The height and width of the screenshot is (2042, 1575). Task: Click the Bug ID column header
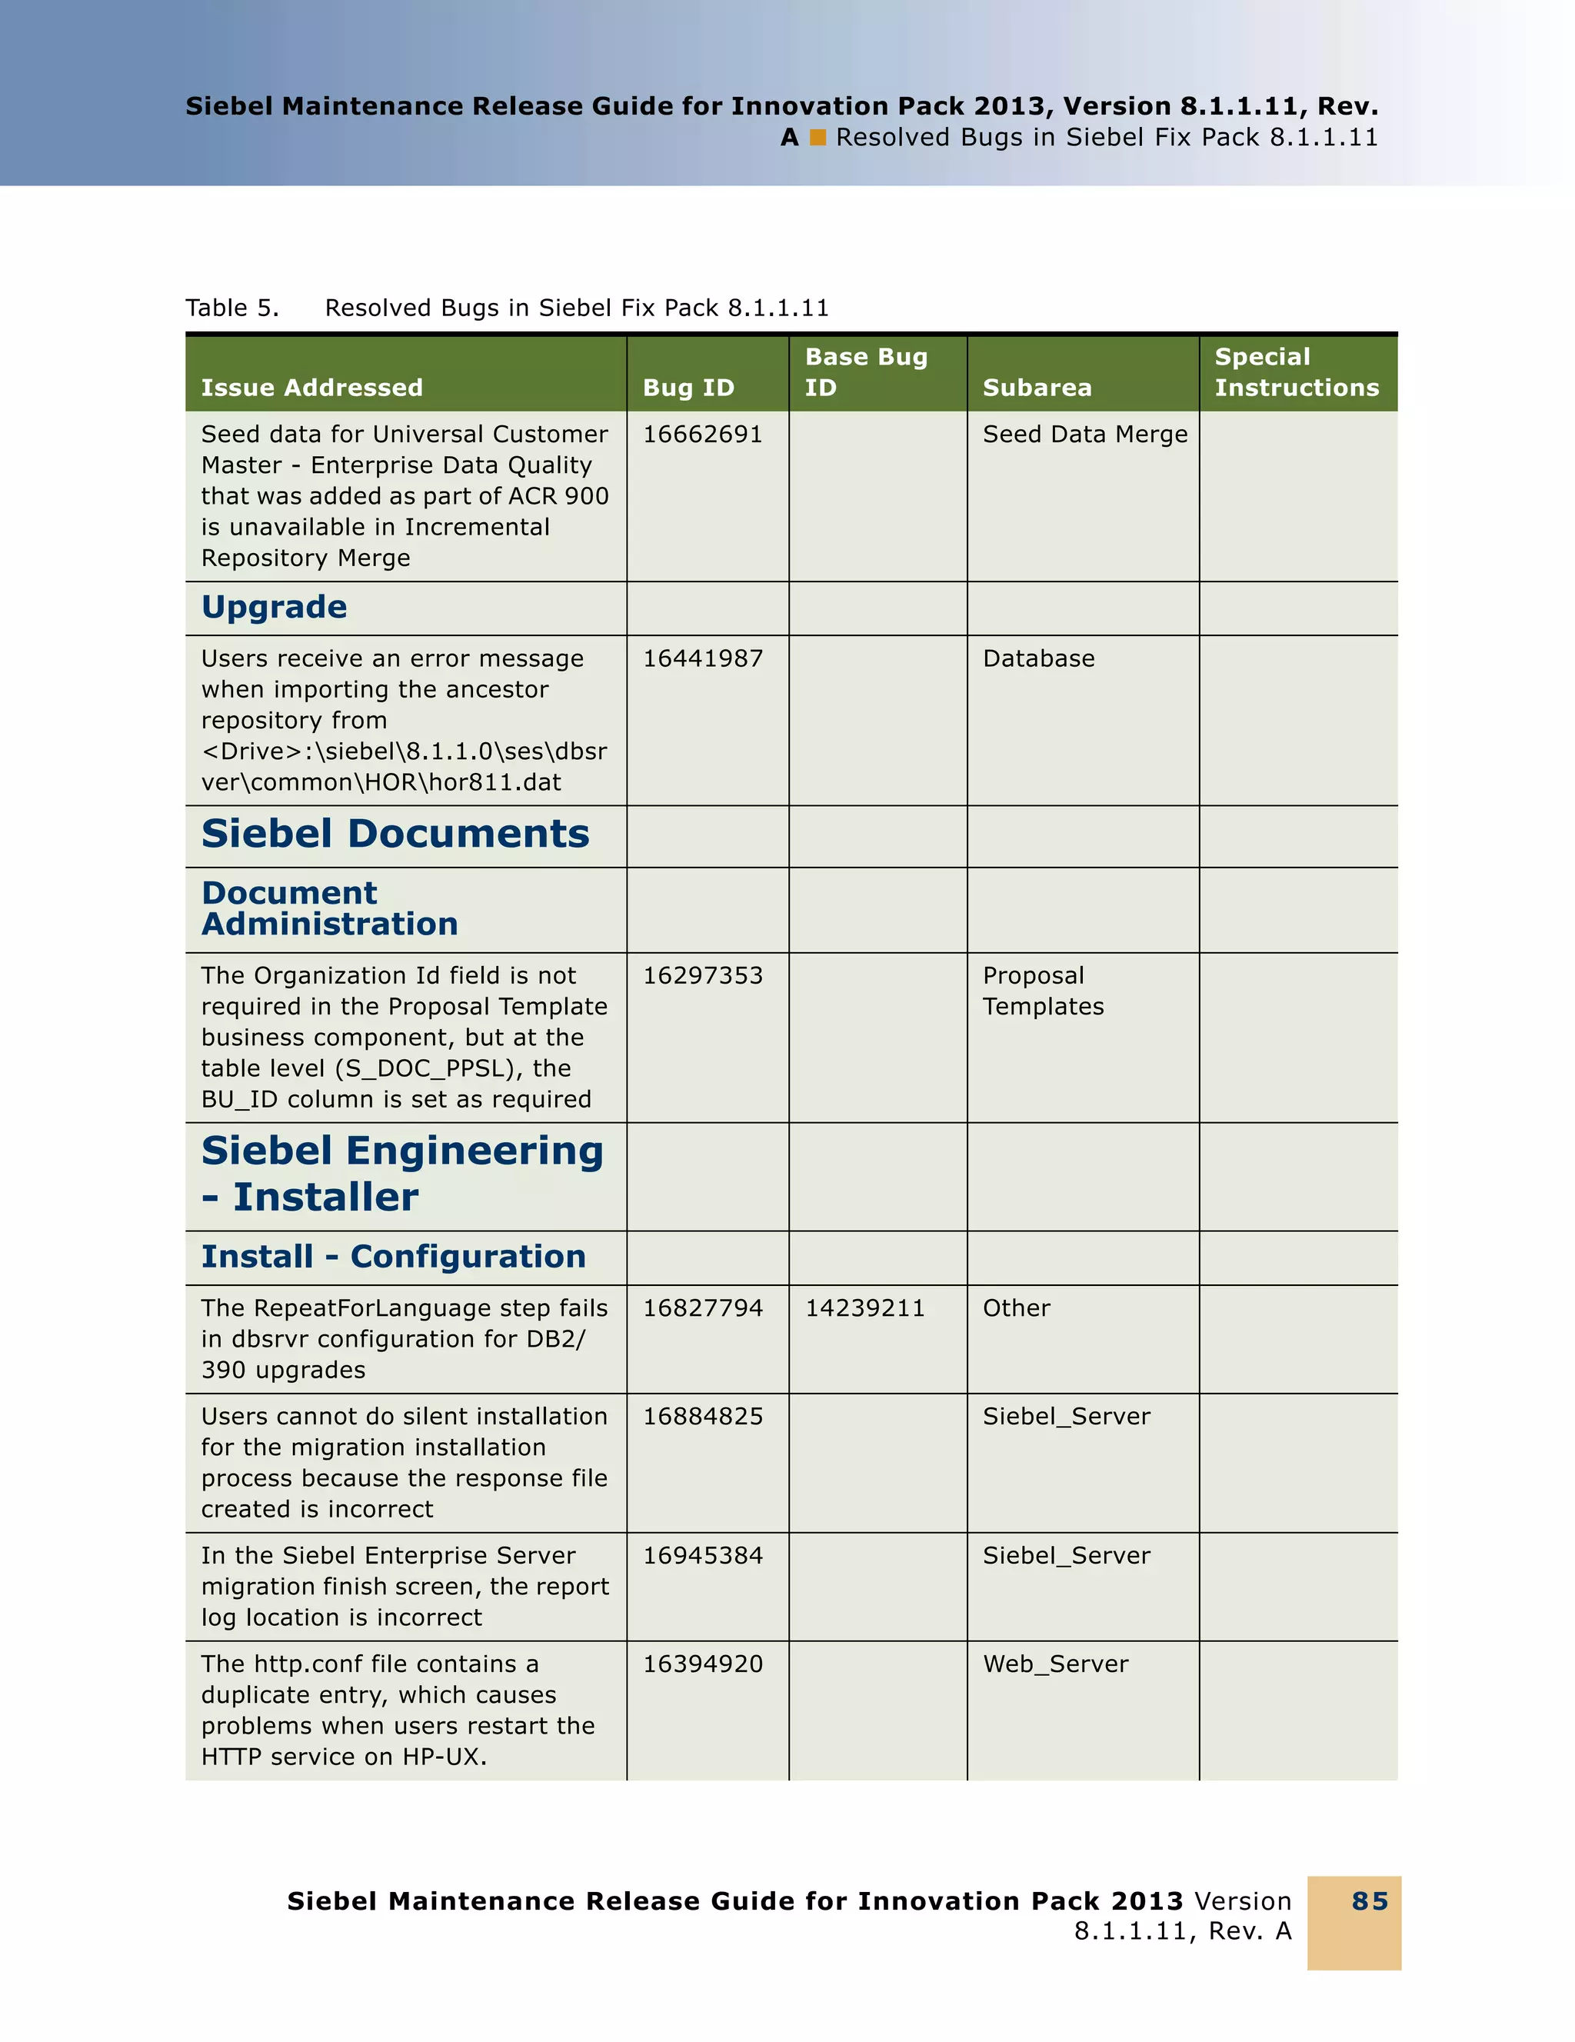click(x=688, y=388)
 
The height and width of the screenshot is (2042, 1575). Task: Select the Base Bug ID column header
click(x=865, y=372)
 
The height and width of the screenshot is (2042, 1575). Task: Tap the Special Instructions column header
click(x=1296, y=372)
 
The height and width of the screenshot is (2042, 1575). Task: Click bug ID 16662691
click(x=702, y=435)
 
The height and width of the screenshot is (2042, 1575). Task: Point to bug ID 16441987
click(x=702, y=659)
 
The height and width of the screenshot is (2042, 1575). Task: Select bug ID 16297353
click(x=702, y=976)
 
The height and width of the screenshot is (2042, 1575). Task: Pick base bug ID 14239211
click(x=864, y=1308)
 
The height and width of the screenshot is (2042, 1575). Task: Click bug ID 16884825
click(x=702, y=1417)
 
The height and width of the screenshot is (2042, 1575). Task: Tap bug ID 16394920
click(x=702, y=1664)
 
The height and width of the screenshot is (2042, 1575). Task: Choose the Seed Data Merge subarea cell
click(x=1084, y=435)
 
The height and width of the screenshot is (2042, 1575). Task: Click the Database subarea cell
click(x=1037, y=659)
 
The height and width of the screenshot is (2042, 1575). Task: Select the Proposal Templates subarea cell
click(x=1042, y=991)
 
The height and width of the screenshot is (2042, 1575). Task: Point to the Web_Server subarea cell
click(x=1055, y=1664)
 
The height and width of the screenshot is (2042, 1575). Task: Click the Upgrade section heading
click(x=274, y=608)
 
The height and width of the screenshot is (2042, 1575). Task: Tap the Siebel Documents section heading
click(x=395, y=834)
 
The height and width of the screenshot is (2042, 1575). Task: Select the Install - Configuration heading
click(x=394, y=1257)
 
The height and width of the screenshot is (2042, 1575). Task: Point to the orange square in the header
click(x=818, y=138)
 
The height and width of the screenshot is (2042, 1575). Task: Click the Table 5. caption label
click(x=231, y=308)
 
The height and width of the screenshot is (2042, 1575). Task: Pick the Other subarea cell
click(x=1016, y=1308)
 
